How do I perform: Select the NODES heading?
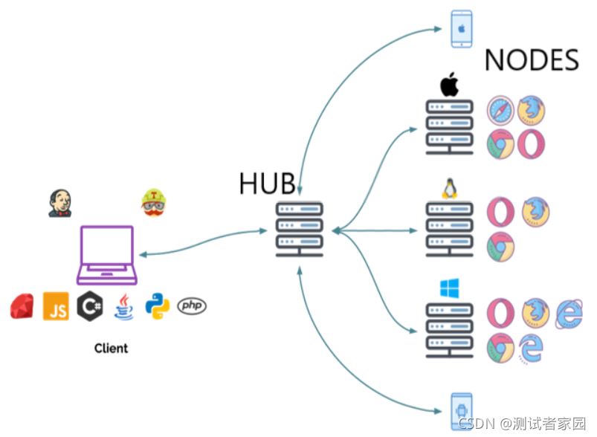(x=532, y=60)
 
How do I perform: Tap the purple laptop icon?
(x=107, y=256)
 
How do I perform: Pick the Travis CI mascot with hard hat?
(x=154, y=202)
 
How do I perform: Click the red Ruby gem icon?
(x=22, y=306)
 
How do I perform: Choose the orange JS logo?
(x=56, y=306)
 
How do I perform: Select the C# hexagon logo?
(x=90, y=306)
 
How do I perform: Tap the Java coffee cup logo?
(x=123, y=306)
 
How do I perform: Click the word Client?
(x=111, y=348)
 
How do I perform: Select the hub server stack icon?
(x=299, y=229)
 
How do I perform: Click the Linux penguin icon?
(x=449, y=188)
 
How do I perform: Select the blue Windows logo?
(x=449, y=289)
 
